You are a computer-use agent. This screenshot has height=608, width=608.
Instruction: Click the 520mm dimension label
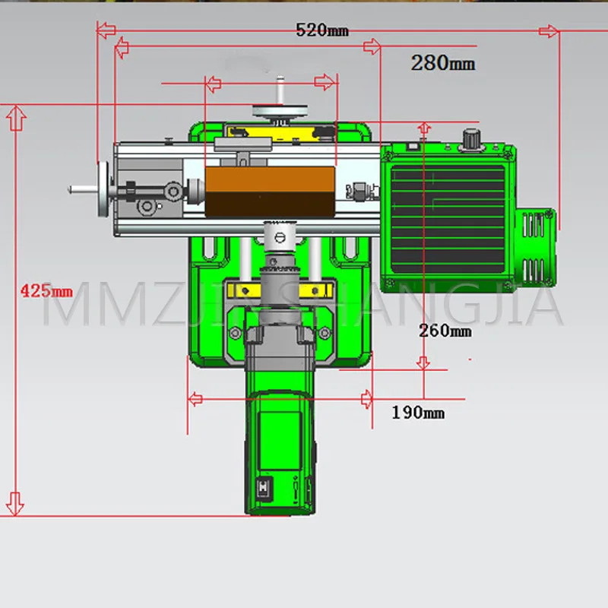tap(321, 30)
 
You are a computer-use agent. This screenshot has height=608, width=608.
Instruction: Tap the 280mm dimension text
tap(443, 62)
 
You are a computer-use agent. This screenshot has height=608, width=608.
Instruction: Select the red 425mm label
tap(46, 290)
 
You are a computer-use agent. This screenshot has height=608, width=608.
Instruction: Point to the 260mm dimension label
tap(445, 331)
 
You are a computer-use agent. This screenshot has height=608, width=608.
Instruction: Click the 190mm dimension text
tap(418, 412)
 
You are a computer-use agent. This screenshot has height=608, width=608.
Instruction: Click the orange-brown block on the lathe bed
tap(270, 192)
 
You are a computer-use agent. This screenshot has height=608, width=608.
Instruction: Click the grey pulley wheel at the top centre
tap(280, 111)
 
